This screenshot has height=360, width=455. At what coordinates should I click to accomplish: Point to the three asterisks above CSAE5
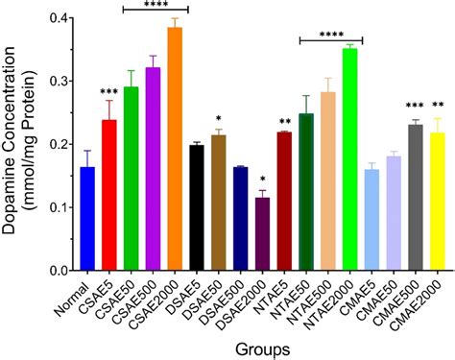click(x=108, y=91)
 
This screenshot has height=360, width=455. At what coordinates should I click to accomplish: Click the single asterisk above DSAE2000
click(x=262, y=180)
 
